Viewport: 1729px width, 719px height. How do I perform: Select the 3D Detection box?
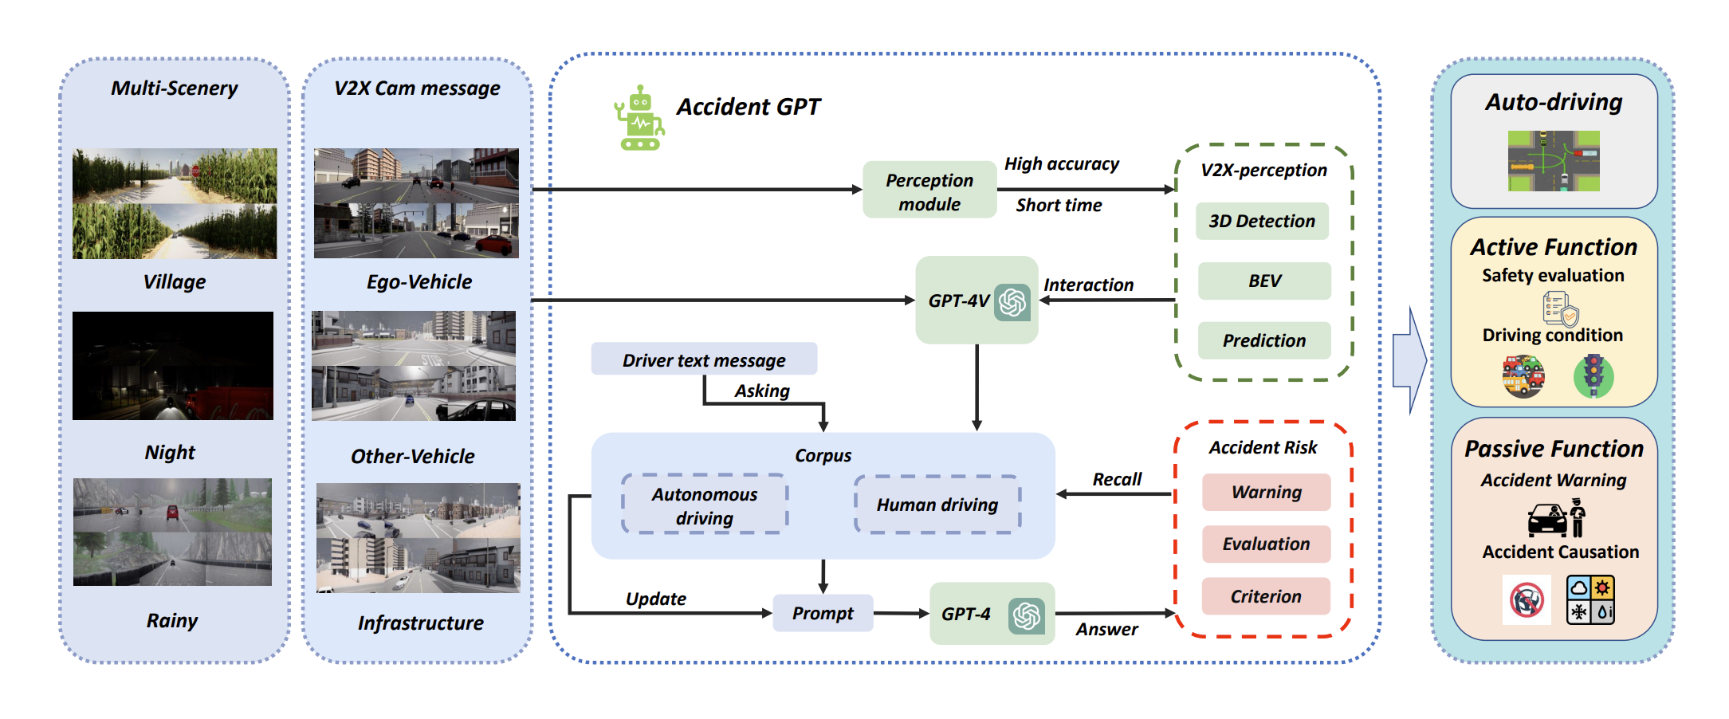pyautogui.click(x=1262, y=221)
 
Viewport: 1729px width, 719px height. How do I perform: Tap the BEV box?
pyautogui.click(x=1264, y=281)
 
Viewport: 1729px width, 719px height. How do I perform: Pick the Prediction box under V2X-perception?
pyautogui.click(x=1264, y=340)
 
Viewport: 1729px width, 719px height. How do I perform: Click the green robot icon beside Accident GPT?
pyautogui.click(x=639, y=118)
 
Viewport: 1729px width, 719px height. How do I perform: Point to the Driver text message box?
pyautogui.click(x=704, y=359)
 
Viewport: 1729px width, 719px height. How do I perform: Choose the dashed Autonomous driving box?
pyautogui.click(x=705, y=505)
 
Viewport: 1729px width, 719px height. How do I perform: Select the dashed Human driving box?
pyautogui.click(x=937, y=504)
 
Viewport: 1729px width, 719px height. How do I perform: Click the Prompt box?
pyautogui.click(x=823, y=613)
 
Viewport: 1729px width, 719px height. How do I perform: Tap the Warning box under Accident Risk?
pyautogui.click(x=1266, y=492)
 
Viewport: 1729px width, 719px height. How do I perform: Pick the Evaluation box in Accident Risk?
pyautogui.click(x=1266, y=544)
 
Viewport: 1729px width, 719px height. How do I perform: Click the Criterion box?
pyautogui.click(x=1266, y=596)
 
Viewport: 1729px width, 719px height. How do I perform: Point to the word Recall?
pyautogui.click(x=1117, y=479)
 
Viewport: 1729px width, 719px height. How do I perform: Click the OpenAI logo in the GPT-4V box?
pyautogui.click(x=1012, y=302)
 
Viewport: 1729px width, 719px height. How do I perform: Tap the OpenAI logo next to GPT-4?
pyautogui.click(x=1027, y=615)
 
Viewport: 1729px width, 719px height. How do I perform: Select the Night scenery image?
pyautogui.click(x=173, y=366)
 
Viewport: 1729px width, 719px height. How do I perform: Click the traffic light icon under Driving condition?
pyautogui.click(x=1593, y=376)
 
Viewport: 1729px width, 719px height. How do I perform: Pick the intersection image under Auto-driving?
pyautogui.click(x=1554, y=161)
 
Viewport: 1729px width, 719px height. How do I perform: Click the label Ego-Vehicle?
pyautogui.click(x=419, y=281)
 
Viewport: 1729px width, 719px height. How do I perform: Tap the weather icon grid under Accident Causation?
pyautogui.click(x=1590, y=599)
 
